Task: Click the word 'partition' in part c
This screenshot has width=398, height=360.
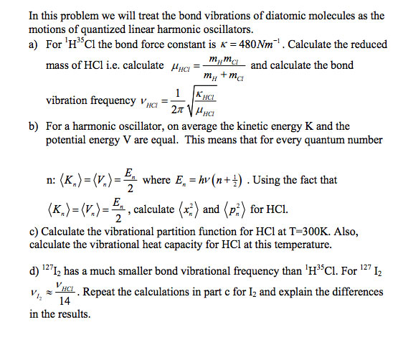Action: tap(179, 232)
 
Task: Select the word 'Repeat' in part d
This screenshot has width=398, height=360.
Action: tap(102, 293)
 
